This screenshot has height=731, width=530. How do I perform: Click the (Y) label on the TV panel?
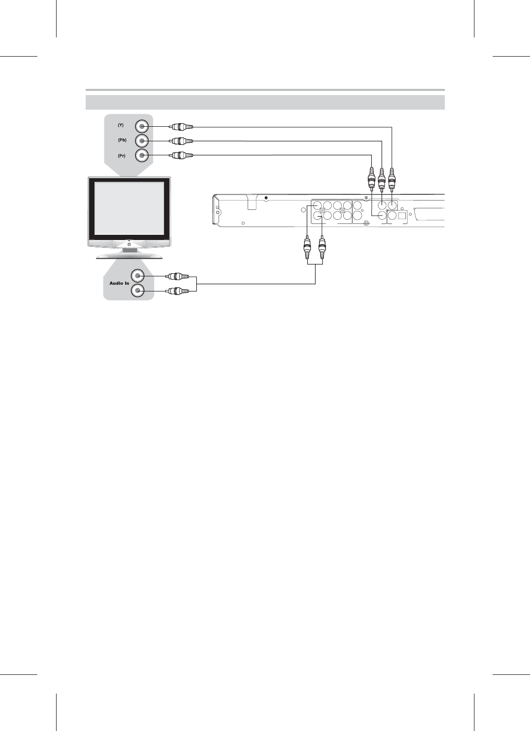tap(120, 125)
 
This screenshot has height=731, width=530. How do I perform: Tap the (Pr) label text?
tap(120, 155)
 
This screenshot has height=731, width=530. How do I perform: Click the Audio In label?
tap(119, 283)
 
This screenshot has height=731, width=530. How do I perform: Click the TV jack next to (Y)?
tap(142, 126)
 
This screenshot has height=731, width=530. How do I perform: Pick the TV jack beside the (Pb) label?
tap(142, 141)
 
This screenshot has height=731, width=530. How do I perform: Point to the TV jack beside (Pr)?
tap(142, 155)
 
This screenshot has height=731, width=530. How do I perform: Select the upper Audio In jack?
tap(138, 276)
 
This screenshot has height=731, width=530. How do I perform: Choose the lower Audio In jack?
tap(138, 291)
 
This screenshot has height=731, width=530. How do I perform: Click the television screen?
tap(129, 207)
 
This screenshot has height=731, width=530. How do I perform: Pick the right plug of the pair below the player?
tap(322, 249)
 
